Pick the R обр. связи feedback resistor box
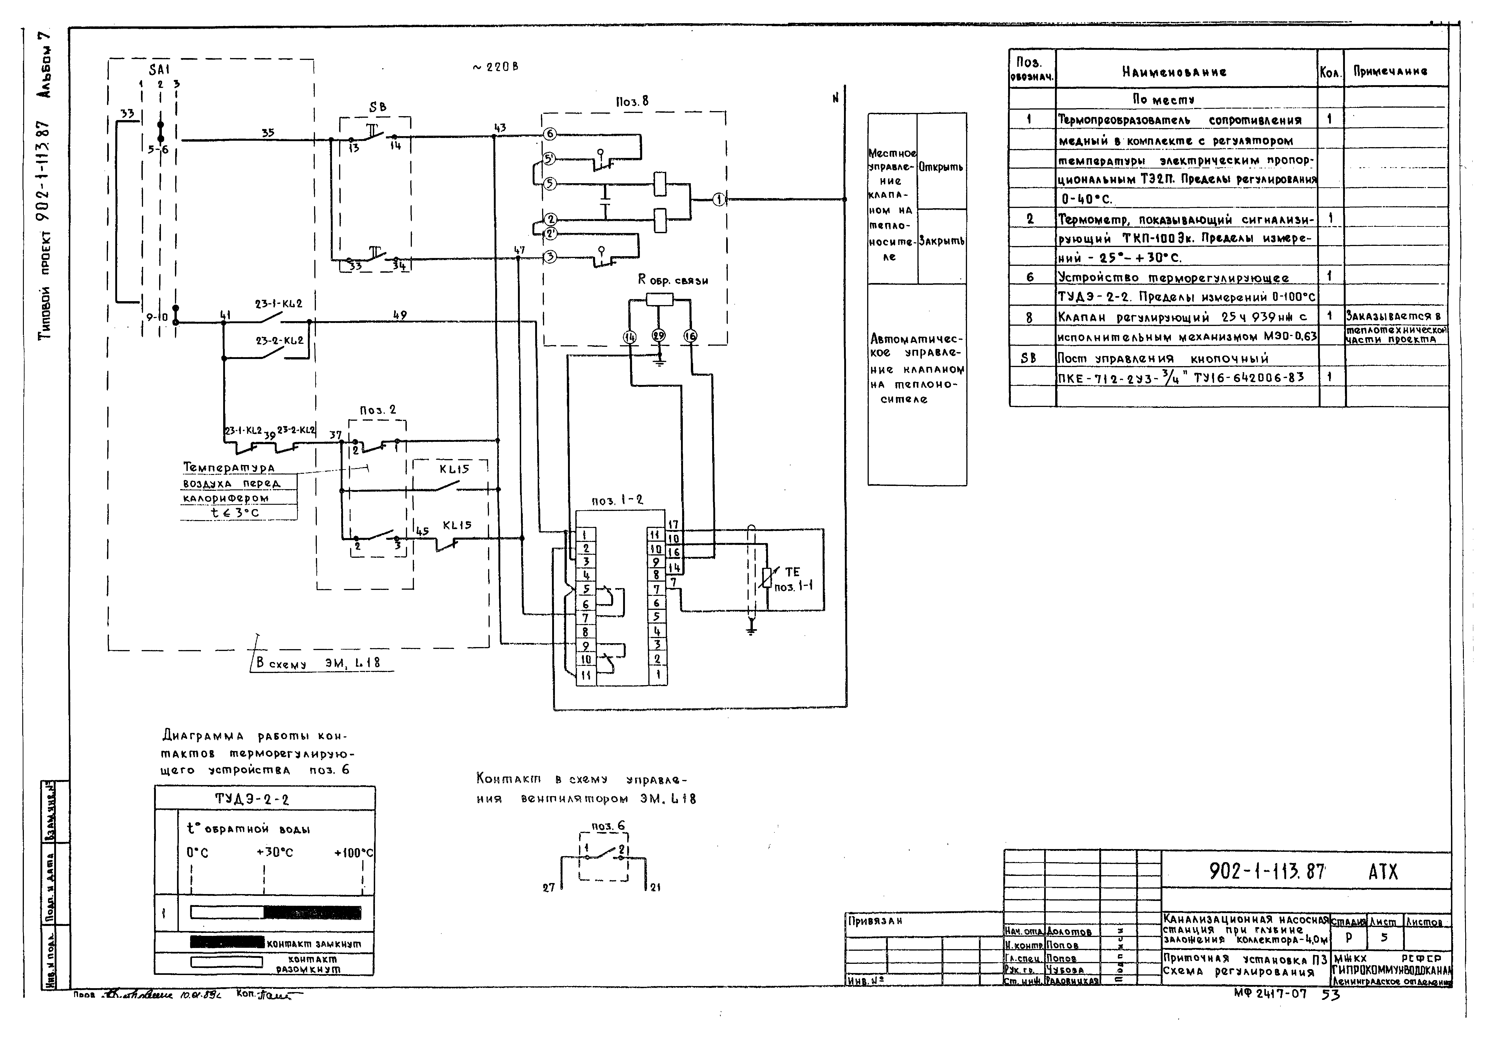point(659,300)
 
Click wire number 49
point(400,315)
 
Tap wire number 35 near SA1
point(268,133)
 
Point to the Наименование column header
point(1174,72)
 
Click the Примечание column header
point(1390,71)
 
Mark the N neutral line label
point(835,98)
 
